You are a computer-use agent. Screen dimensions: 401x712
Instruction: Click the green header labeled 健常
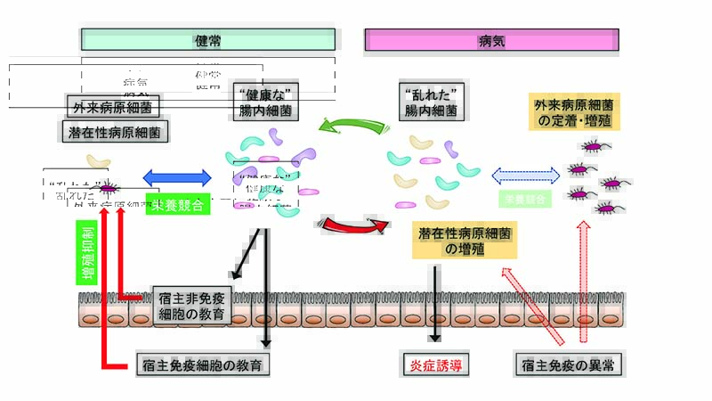pos(208,40)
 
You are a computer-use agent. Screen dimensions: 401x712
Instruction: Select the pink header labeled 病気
pos(491,40)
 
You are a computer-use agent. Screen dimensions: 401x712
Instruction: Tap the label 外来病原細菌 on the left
pos(112,108)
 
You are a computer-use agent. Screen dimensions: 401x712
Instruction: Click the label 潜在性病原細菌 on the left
pos(117,132)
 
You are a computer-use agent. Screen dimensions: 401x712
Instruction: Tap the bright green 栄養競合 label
pos(177,205)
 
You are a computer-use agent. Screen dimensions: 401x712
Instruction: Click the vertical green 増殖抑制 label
pos(87,253)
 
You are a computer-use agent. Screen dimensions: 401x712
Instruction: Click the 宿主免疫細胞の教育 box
pos(204,364)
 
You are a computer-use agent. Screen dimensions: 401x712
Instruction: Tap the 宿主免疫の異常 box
pos(570,364)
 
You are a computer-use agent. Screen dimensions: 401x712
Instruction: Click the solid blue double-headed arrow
pos(176,177)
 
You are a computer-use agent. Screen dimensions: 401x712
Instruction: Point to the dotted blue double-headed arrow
pos(524,176)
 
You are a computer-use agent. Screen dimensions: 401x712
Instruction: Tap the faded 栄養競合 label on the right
pos(527,198)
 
